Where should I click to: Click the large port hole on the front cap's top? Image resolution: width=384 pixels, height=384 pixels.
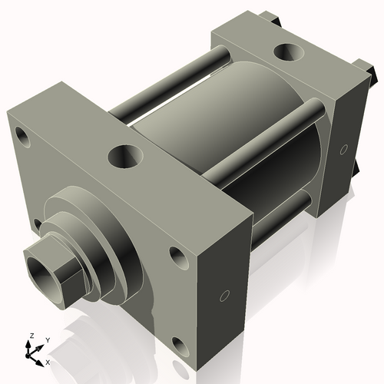point(123,157)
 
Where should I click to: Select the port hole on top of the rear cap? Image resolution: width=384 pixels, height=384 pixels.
point(288,54)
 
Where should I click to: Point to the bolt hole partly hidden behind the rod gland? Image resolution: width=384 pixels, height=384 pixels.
point(38,223)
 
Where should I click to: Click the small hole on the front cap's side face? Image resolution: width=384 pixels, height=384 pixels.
point(224,296)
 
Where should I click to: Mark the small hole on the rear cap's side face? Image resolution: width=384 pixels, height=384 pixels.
point(343,147)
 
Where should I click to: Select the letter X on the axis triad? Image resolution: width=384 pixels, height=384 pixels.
point(48,362)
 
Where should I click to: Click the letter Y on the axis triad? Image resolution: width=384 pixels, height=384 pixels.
point(47,339)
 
